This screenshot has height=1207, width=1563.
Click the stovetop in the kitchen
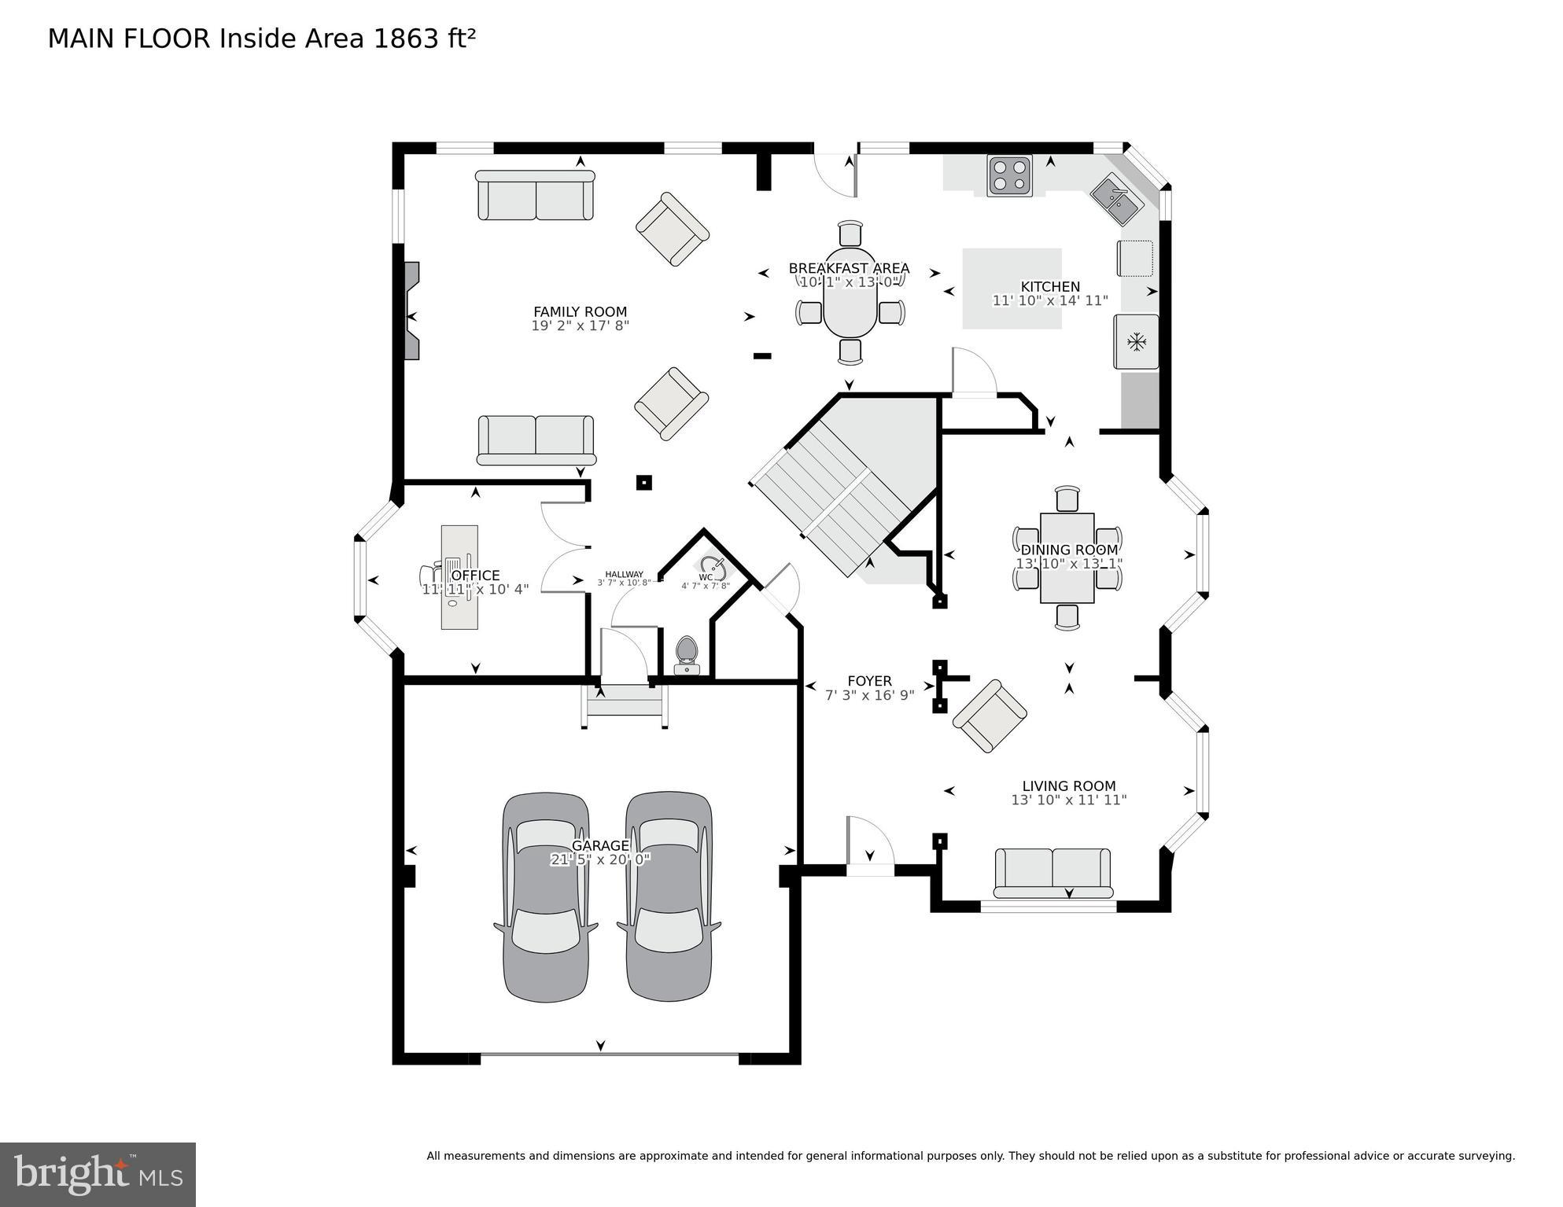coord(1009,175)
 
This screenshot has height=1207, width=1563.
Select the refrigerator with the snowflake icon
coord(1136,341)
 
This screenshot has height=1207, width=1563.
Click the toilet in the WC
coord(687,654)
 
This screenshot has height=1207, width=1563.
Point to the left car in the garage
coord(545,896)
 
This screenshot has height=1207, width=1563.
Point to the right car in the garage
coord(669,896)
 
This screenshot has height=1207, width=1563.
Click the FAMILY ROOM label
coord(580,311)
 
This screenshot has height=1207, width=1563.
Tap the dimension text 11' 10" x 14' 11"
coord(1049,300)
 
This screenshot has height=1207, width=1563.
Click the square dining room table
coord(1067,558)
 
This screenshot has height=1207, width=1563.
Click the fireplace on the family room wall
coord(411,311)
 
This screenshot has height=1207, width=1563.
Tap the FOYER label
coord(869,681)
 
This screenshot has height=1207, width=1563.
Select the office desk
coord(459,576)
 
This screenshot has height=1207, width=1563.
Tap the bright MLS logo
coord(98,1175)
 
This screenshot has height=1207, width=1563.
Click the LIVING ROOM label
coord(1068,786)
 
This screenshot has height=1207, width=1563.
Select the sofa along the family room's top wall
coord(535,196)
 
